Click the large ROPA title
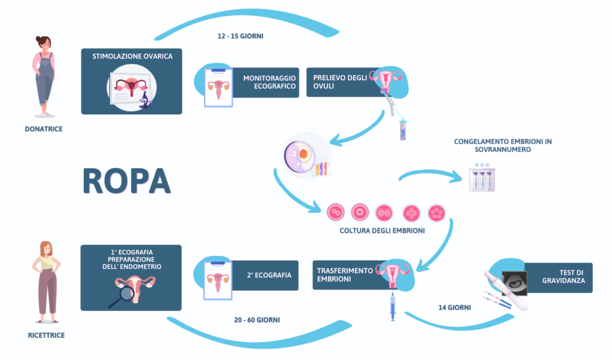[x=127, y=181]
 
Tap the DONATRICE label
[x=43, y=129]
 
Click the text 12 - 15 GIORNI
[x=240, y=36]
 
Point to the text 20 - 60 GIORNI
[x=257, y=320]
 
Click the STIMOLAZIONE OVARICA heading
[x=132, y=56]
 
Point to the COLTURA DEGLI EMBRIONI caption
[x=382, y=230]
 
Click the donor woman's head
[x=43, y=43]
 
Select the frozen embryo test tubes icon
[x=482, y=178]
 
